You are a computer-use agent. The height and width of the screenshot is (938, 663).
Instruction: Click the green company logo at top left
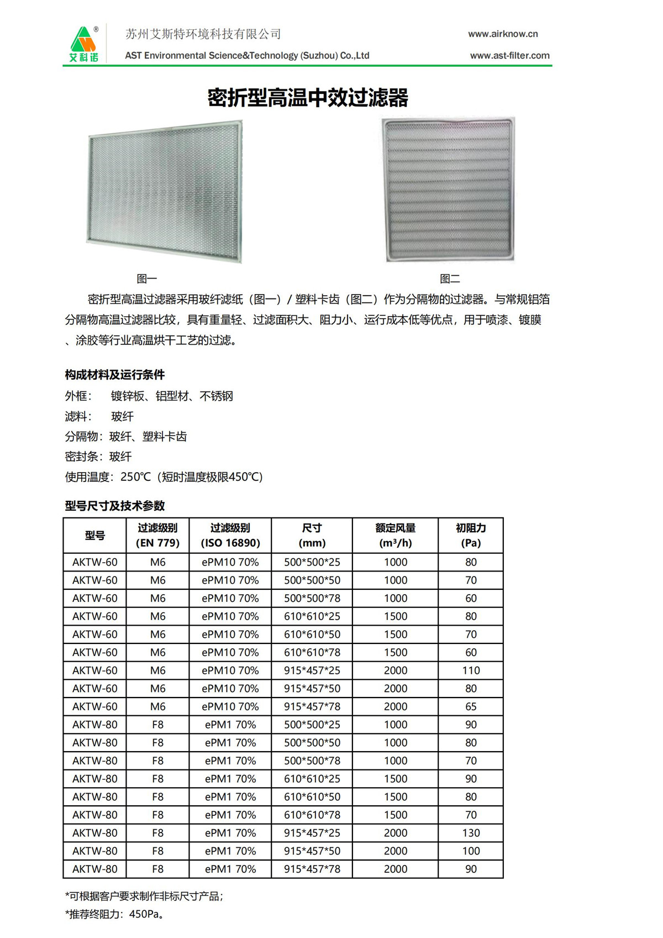[84, 44]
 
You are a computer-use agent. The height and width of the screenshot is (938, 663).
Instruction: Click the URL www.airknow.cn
[502, 34]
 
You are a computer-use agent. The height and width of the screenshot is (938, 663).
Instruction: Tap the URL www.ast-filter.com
[509, 55]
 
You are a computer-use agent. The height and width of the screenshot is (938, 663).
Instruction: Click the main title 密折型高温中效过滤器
[308, 98]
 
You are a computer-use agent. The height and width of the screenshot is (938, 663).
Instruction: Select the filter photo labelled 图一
[165, 191]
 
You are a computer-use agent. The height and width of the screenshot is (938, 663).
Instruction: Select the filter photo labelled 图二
[448, 189]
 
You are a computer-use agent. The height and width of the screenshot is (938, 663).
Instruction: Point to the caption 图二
[450, 279]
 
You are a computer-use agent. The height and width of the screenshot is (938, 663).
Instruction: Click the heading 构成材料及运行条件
[115, 375]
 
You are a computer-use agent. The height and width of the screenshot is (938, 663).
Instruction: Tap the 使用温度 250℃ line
[164, 476]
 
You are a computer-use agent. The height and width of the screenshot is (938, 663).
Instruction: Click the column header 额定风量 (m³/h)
[395, 535]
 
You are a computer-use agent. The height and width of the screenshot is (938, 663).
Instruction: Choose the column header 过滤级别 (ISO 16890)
[230, 535]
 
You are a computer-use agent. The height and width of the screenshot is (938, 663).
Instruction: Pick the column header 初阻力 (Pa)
[471, 535]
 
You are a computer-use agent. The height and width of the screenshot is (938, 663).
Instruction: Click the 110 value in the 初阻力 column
[471, 670]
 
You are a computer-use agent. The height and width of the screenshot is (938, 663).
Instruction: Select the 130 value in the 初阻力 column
[471, 833]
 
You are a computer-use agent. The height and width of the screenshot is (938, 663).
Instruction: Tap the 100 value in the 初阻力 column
[471, 851]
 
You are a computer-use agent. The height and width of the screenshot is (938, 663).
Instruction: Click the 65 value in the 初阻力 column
[471, 706]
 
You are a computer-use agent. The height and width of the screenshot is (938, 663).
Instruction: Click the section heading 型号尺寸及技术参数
[115, 506]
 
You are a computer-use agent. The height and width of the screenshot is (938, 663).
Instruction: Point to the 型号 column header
[95, 535]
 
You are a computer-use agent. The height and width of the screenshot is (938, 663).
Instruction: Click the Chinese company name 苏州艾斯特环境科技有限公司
[203, 34]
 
